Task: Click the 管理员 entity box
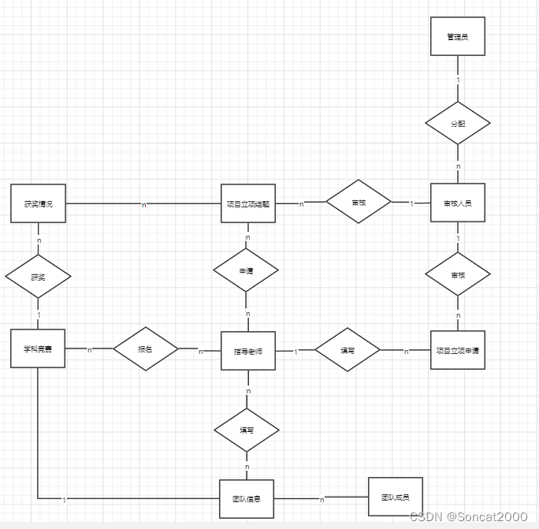click(x=457, y=36)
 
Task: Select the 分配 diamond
click(x=458, y=124)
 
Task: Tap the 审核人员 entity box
click(x=457, y=203)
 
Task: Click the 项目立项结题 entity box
click(x=247, y=203)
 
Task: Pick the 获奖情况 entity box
click(x=38, y=203)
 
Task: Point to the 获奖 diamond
click(x=38, y=277)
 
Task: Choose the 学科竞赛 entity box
click(x=38, y=349)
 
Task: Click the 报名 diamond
click(x=146, y=348)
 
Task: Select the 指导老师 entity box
click(x=247, y=351)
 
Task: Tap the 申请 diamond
click(x=247, y=270)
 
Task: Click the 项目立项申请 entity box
click(x=457, y=350)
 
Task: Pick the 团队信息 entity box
click(x=247, y=498)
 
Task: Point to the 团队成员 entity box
click(x=395, y=497)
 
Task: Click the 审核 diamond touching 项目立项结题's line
click(x=359, y=203)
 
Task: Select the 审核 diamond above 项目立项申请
click(x=458, y=275)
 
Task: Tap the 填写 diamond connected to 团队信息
click(x=247, y=430)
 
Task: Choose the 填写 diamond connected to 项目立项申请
click(x=348, y=350)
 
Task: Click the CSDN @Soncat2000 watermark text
click(x=468, y=516)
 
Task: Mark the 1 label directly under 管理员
click(x=458, y=81)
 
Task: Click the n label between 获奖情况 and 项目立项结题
click(x=143, y=205)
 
